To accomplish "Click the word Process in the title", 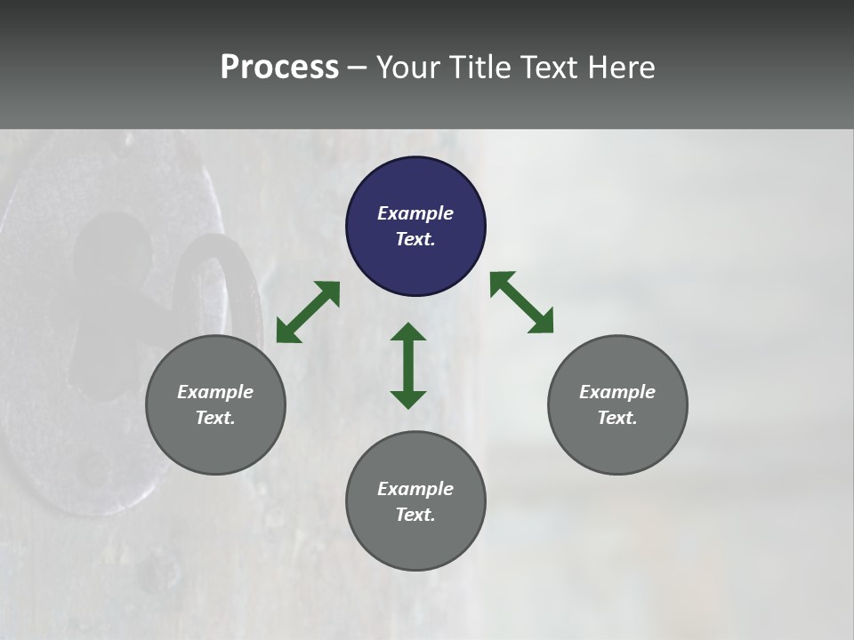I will [279, 68].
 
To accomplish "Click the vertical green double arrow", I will [408, 365].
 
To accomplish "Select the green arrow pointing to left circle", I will [308, 312].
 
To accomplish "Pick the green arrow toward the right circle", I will [522, 302].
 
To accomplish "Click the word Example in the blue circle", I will [415, 213].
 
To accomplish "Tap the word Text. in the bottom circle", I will [415, 515].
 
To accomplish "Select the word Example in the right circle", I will [617, 392].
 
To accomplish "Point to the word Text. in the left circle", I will [215, 418].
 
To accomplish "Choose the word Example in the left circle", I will [215, 392].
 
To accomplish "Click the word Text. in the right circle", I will [617, 418].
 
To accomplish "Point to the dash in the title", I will [358, 68].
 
